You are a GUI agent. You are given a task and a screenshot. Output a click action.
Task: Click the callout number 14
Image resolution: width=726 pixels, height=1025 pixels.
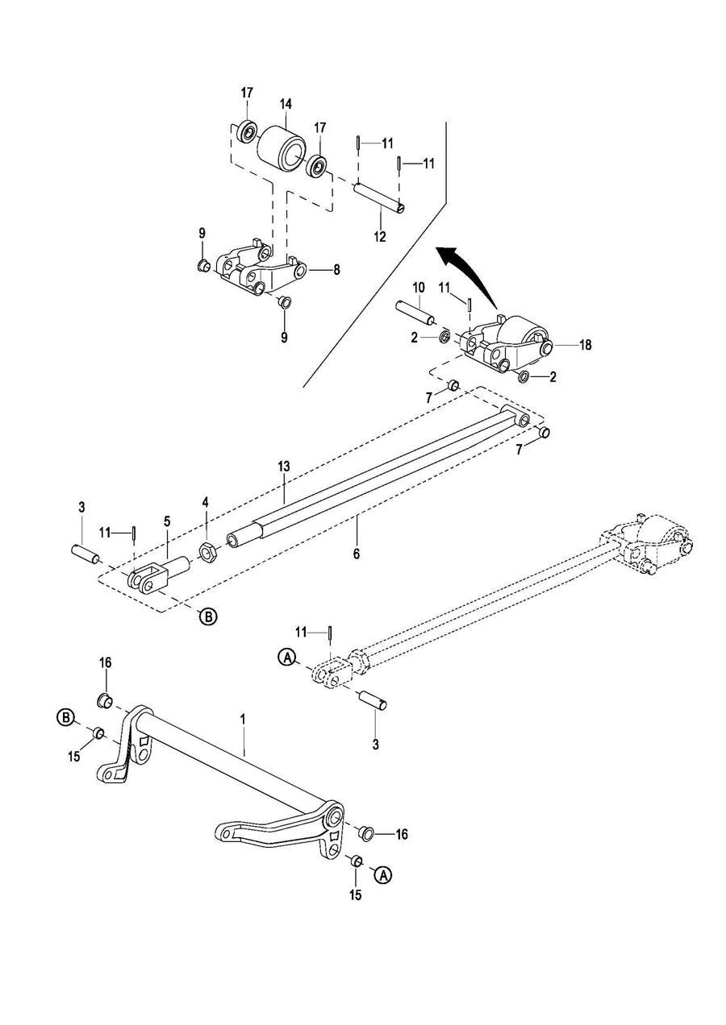click(x=285, y=104)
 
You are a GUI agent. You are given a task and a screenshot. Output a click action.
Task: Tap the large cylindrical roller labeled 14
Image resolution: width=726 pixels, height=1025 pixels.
click(x=281, y=147)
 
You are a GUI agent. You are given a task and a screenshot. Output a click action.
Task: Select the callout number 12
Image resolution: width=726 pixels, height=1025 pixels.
click(x=380, y=237)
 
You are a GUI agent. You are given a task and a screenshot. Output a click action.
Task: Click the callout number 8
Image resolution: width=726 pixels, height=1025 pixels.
click(x=336, y=270)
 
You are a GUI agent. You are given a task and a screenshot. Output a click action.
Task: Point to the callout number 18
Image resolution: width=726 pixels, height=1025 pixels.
click(x=586, y=345)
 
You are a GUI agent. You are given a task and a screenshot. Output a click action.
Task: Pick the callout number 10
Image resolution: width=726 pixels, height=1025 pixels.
click(x=419, y=288)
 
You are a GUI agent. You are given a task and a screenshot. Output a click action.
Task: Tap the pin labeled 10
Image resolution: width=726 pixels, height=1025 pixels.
click(x=415, y=312)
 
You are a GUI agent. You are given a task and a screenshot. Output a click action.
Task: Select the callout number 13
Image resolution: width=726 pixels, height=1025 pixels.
click(x=283, y=467)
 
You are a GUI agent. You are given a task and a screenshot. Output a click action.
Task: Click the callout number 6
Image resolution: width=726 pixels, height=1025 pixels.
click(x=357, y=554)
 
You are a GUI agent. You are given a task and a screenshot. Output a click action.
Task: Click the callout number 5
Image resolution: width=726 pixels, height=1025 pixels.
click(x=167, y=521)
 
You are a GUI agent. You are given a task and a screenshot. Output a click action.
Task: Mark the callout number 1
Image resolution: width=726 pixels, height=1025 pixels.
click(x=243, y=720)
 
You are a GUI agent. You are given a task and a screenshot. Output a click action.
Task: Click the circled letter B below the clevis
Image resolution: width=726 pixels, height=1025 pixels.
click(x=209, y=616)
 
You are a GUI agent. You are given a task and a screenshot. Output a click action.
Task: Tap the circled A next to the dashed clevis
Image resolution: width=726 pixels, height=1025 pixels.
click(x=286, y=658)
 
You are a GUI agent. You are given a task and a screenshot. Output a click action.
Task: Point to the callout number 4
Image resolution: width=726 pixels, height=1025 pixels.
click(x=205, y=503)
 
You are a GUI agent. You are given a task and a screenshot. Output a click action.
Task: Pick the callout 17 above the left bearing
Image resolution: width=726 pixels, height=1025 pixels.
click(x=247, y=93)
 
